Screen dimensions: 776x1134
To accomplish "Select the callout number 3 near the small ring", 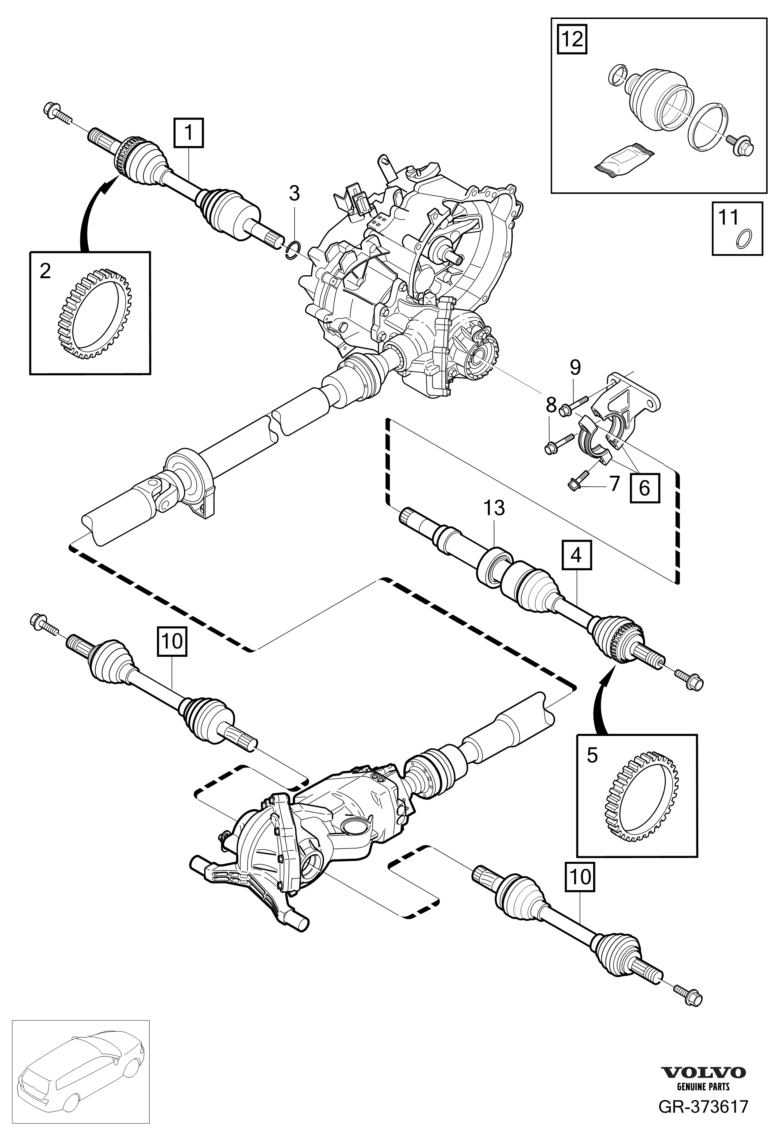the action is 294,194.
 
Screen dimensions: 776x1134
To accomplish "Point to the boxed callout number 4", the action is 576,555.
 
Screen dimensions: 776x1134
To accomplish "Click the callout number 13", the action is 495,509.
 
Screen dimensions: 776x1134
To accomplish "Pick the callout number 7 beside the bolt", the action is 614,483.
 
